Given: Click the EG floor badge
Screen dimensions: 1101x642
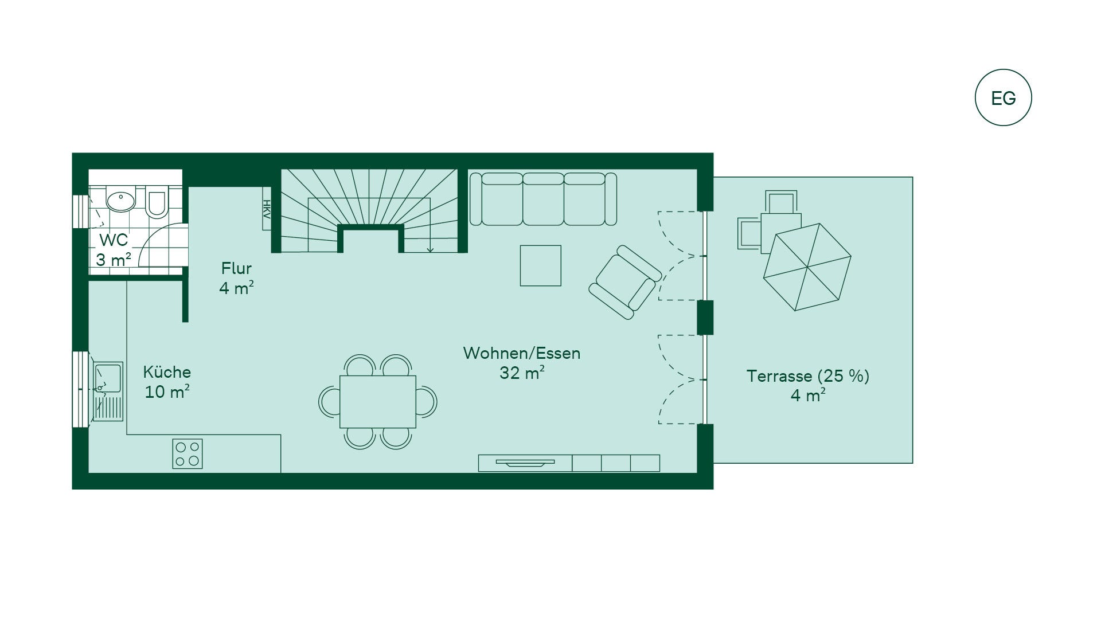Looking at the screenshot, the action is coord(1003,98).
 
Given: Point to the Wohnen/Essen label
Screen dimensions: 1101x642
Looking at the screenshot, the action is coord(522,353).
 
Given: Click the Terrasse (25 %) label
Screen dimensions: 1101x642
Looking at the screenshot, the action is coord(807,376).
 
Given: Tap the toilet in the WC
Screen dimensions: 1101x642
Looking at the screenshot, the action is coord(156,202).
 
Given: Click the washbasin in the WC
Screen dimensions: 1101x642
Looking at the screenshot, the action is coord(120,201).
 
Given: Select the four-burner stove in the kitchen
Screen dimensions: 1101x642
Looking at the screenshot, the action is coord(188,453).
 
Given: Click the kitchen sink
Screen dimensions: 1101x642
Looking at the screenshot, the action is coord(108,392).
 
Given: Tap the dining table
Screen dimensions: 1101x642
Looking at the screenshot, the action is coord(378,402).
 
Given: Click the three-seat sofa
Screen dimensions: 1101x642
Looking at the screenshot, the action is coord(543,199).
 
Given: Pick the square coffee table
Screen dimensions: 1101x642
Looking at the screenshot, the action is coord(540,265).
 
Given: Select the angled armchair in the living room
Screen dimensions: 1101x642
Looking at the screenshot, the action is coord(625,282).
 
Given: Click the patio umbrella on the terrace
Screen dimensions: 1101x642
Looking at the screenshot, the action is coord(807,267).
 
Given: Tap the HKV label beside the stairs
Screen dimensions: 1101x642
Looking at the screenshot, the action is coord(267,209).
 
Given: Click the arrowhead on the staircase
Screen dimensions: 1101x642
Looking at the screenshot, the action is coord(430,249).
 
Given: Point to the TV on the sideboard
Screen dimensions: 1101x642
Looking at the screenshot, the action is coord(525,463).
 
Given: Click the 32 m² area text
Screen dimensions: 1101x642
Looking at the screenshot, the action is coord(522,373).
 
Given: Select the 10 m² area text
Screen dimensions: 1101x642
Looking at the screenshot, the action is coord(167,392).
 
